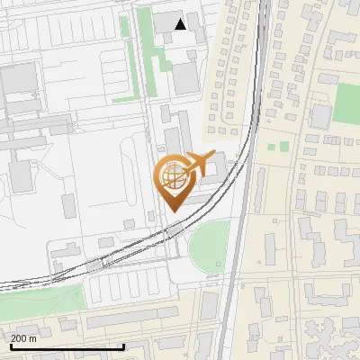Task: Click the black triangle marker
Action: [181, 24]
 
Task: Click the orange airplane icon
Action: [197, 164]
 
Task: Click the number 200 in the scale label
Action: [20, 338]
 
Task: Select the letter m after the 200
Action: [33, 338]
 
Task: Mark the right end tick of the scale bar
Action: [123, 346]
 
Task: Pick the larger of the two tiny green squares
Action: [283, 146]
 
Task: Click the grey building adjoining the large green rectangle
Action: [321, 115]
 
